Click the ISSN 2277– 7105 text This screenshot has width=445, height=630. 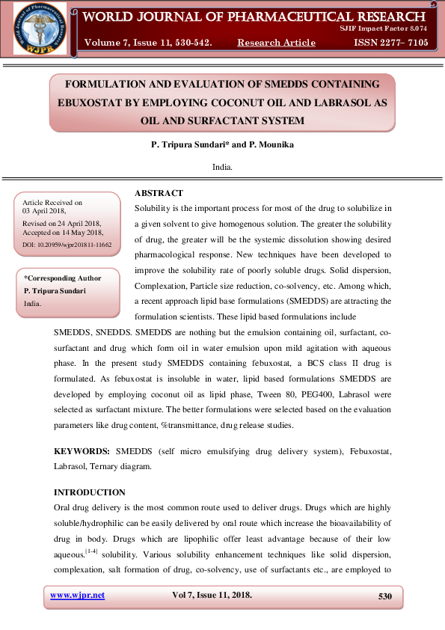click(x=391, y=43)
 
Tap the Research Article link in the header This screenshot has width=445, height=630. click(x=276, y=43)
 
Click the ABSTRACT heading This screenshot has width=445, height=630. click(x=159, y=194)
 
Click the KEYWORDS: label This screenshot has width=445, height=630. click(x=82, y=453)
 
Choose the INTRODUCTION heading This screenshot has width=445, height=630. click(x=90, y=492)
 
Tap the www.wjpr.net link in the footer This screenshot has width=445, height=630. click(x=77, y=596)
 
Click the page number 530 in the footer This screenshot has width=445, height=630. click(x=385, y=596)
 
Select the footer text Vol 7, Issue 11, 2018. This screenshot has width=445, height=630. click(x=212, y=596)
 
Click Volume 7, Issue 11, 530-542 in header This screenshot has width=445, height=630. click(x=148, y=43)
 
